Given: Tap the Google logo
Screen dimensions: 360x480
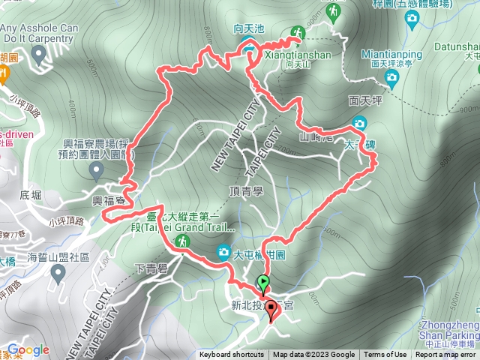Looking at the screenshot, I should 27,350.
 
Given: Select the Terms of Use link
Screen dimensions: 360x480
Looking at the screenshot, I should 385,355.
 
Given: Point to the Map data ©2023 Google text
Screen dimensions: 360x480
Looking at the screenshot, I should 313,355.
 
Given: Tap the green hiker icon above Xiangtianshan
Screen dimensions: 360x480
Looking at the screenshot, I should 298,31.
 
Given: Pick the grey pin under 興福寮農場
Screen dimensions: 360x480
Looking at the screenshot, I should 96,170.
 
